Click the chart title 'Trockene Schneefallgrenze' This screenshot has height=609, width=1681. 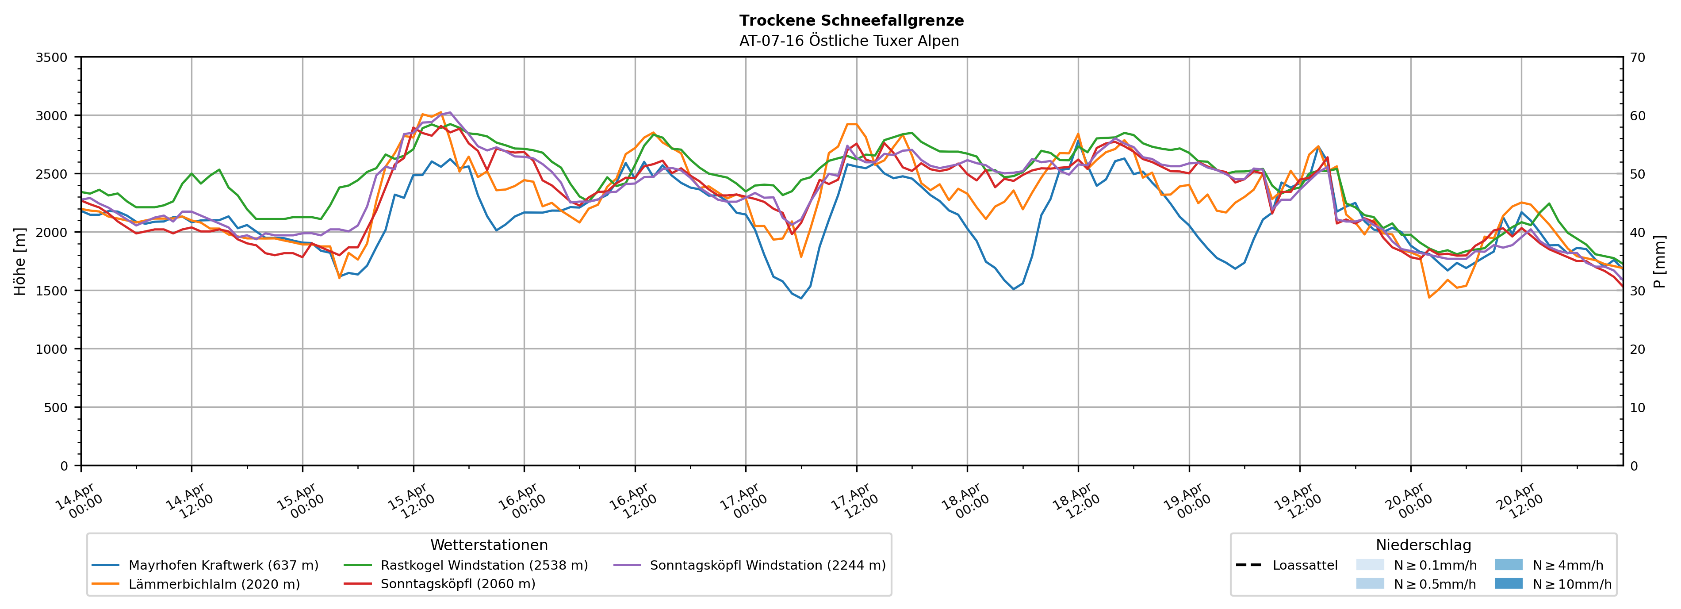851,20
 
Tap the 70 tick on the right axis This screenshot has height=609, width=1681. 1638,57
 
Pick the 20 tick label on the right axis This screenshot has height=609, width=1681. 1638,349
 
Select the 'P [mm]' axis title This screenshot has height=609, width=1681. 1660,261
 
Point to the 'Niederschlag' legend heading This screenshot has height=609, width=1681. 1423,545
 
